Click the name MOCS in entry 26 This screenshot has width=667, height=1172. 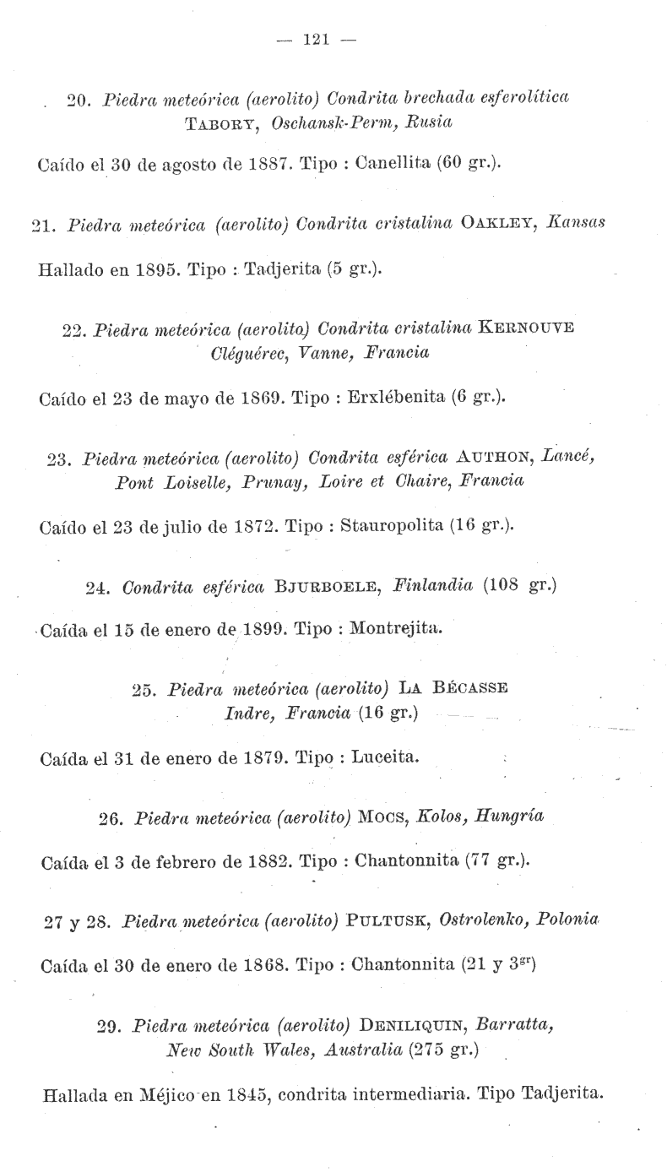(x=385, y=817)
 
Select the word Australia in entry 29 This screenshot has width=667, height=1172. (x=360, y=1050)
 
